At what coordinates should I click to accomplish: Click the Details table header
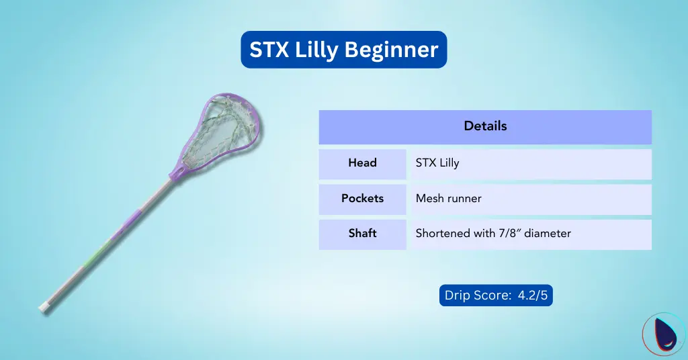485,126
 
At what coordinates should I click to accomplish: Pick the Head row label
362,163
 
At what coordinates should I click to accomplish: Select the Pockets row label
362,199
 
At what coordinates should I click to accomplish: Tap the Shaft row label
362,234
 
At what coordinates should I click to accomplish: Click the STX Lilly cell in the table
437,163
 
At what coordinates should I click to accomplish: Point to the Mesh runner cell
448,199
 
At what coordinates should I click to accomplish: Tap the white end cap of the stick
43,307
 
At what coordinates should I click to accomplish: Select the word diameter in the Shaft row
548,234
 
